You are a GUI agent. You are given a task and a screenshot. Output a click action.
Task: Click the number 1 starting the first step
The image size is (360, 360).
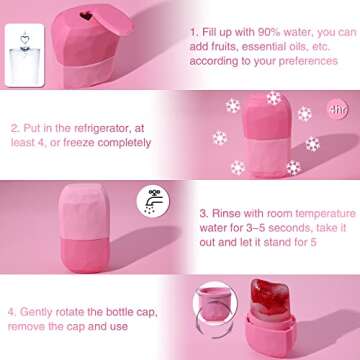(x=192, y=31)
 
